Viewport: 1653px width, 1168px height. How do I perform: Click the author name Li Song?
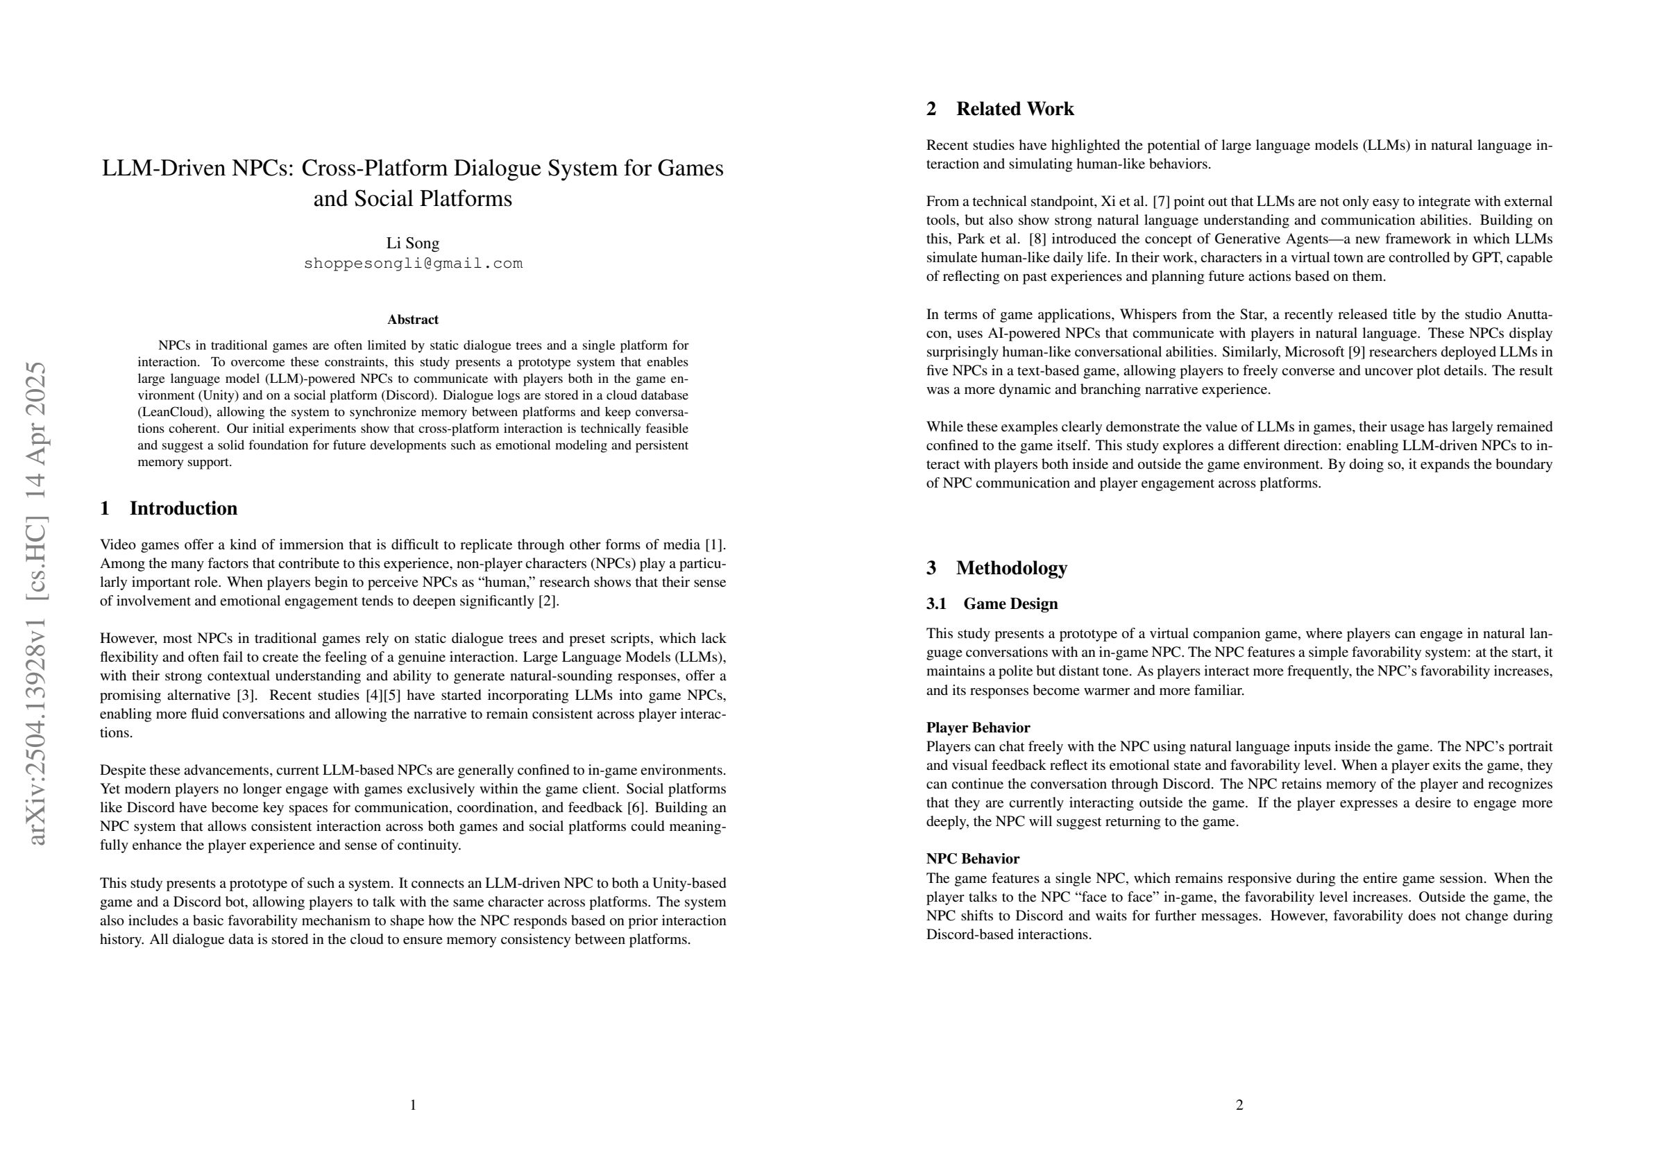click(412, 243)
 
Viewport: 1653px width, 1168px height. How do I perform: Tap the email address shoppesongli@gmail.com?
click(412, 264)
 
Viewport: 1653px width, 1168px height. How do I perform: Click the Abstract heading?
click(412, 320)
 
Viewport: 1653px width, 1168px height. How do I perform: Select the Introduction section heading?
click(183, 509)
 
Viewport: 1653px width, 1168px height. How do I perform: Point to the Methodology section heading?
click(1011, 569)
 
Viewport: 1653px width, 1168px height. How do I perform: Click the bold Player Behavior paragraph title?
click(978, 728)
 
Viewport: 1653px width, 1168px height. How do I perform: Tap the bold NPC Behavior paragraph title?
click(973, 859)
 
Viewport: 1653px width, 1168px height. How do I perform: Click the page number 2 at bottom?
click(1239, 1105)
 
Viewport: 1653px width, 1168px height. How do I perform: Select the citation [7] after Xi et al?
click(1161, 202)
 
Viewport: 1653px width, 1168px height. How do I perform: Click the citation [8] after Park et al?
click(1037, 239)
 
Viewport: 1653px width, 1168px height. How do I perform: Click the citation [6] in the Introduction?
click(636, 807)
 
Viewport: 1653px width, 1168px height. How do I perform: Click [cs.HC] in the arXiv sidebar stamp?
click(36, 557)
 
